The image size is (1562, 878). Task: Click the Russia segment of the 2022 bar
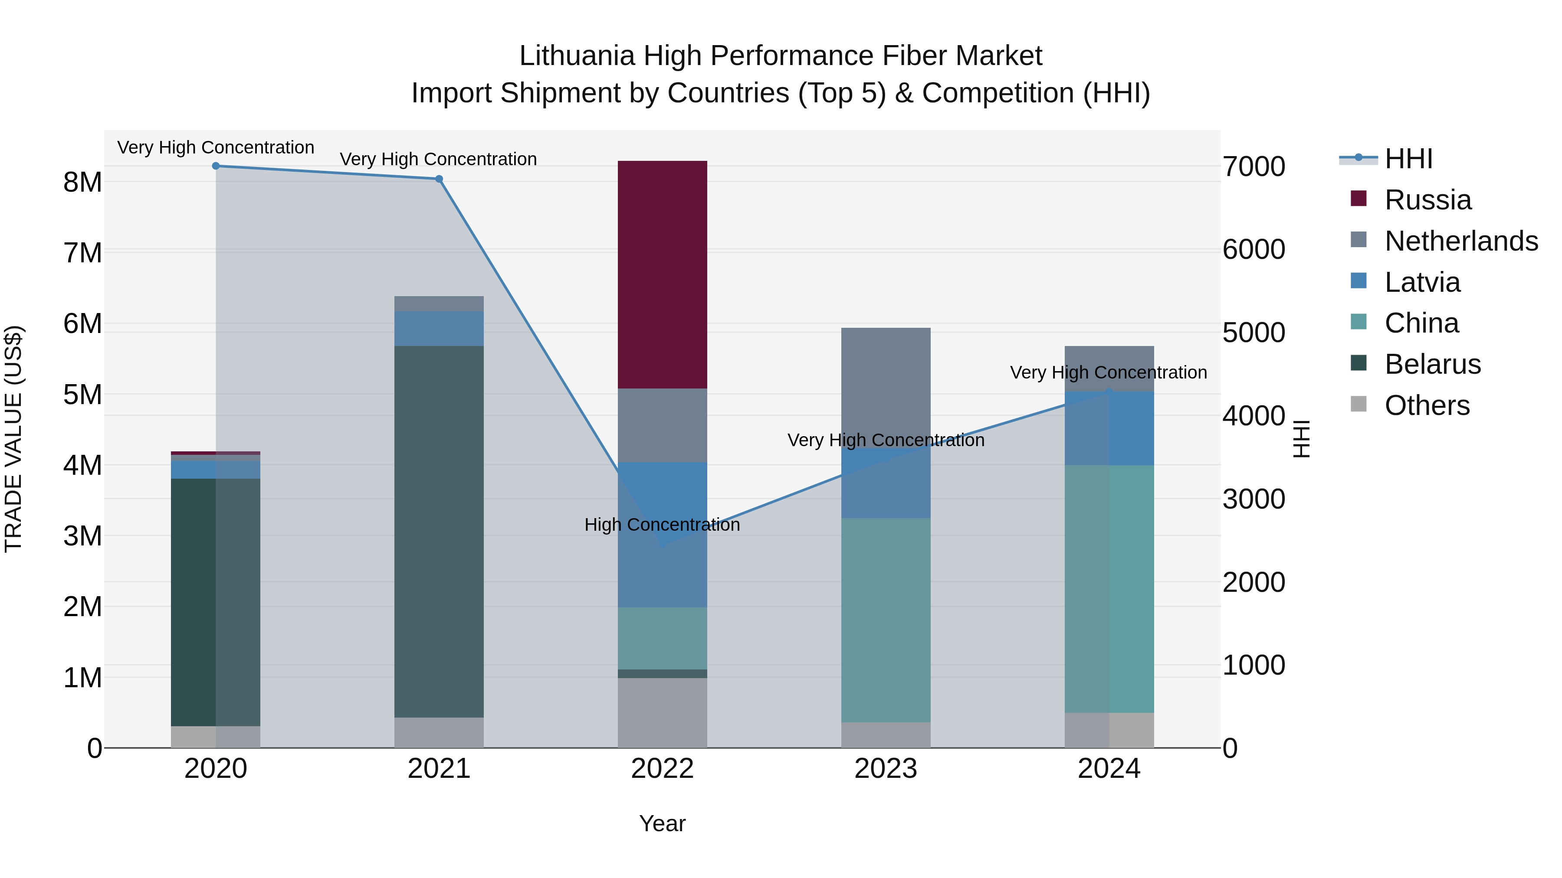pyautogui.click(x=662, y=274)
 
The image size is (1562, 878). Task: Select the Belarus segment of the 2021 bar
pyautogui.click(x=439, y=532)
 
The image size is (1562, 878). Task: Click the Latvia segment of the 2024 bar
pyautogui.click(x=1109, y=428)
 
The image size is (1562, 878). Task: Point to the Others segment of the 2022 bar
pyautogui.click(x=662, y=712)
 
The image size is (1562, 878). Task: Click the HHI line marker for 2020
pyautogui.click(x=216, y=166)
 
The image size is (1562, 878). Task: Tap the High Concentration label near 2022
pyautogui.click(x=662, y=525)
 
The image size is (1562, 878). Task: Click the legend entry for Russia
pyautogui.click(x=1427, y=200)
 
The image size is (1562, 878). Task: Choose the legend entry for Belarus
pyautogui.click(x=1432, y=364)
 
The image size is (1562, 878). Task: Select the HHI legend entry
pyautogui.click(x=1408, y=159)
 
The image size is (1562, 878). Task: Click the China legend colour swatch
pyautogui.click(x=1359, y=322)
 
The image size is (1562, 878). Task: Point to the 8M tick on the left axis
pyautogui.click(x=82, y=182)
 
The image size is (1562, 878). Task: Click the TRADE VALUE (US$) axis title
pyautogui.click(x=13, y=439)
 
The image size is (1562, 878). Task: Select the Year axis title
pyautogui.click(x=662, y=823)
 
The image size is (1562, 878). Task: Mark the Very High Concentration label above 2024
pyautogui.click(x=1109, y=372)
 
